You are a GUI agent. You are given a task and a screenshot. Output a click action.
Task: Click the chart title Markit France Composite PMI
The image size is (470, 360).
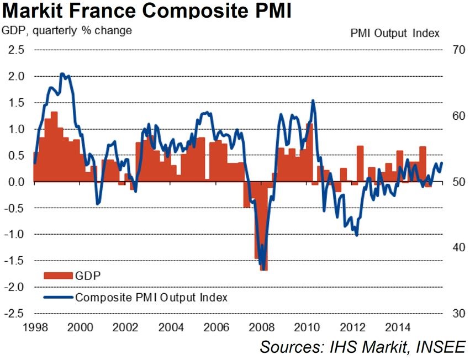(x=146, y=10)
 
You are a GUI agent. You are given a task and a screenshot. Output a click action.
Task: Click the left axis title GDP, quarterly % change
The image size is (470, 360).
(x=67, y=30)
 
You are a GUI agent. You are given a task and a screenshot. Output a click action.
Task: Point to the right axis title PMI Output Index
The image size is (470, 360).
(x=395, y=33)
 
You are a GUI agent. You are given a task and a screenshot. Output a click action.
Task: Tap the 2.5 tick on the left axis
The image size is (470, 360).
(x=15, y=50)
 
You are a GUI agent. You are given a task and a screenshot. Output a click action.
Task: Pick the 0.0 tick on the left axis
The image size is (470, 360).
(x=15, y=182)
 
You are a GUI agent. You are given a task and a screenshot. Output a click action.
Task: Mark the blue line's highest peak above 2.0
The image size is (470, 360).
(x=62, y=74)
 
